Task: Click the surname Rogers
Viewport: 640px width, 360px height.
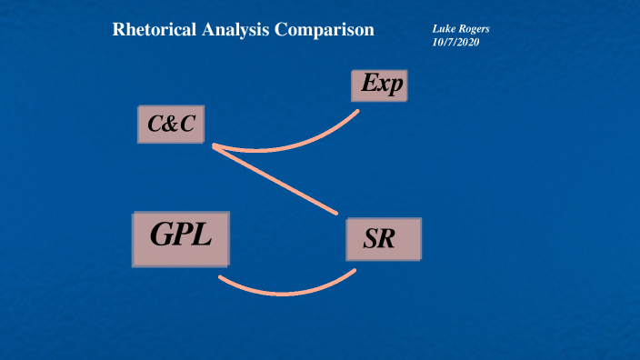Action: [x=475, y=29]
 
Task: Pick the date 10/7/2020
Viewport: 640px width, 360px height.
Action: [x=455, y=42]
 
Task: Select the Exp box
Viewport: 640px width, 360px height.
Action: [x=378, y=85]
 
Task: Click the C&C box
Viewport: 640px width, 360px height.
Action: [x=170, y=125]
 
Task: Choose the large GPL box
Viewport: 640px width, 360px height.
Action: [x=181, y=238]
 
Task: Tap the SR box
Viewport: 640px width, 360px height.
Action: [x=384, y=240]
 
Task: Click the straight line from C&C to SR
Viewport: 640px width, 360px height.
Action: [x=275, y=179]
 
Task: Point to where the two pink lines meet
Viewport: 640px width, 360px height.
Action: [x=214, y=145]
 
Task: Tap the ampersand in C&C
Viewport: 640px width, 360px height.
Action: [x=171, y=125]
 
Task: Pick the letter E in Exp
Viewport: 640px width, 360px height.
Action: [x=367, y=85]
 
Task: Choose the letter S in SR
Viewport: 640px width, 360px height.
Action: [x=374, y=241]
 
